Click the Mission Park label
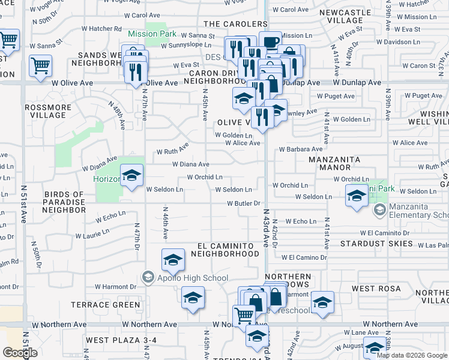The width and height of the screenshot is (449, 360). tap(152, 34)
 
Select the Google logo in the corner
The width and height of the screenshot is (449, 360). tap(20, 353)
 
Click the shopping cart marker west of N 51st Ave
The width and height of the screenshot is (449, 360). tap(8, 40)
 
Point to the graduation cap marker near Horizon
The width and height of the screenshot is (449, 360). tap(131, 176)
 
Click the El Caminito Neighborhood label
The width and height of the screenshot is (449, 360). tap(224, 250)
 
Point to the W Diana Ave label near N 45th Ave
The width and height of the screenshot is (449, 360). tap(190, 164)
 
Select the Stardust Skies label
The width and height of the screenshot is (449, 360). tap(376, 244)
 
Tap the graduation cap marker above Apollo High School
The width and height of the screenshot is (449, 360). tap(173, 260)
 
